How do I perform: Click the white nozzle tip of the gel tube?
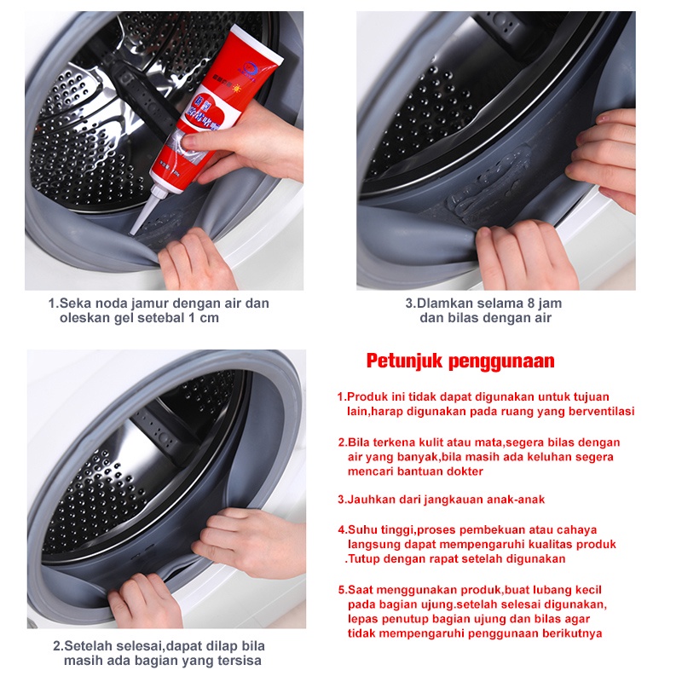coord(132,231)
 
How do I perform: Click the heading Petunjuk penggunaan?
coord(460,361)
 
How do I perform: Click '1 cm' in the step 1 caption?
coord(204,318)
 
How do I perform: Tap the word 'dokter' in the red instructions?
coord(465,471)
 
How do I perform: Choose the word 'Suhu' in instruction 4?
coord(363,530)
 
